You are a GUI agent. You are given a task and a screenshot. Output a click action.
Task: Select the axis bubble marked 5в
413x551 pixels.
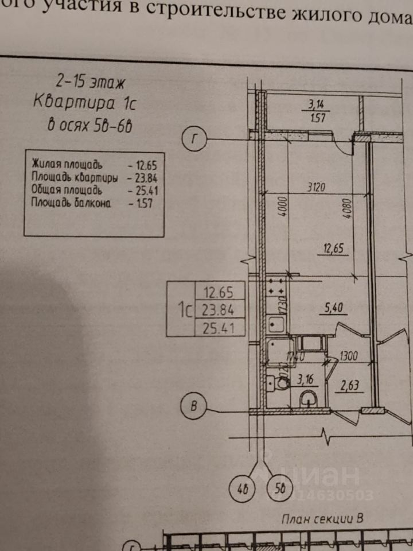pyautogui.click(x=279, y=491)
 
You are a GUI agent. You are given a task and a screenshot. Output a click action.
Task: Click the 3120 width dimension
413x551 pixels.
pyautogui.click(x=317, y=187)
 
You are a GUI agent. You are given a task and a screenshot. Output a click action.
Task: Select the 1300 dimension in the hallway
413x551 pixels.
pyautogui.click(x=348, y=356)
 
